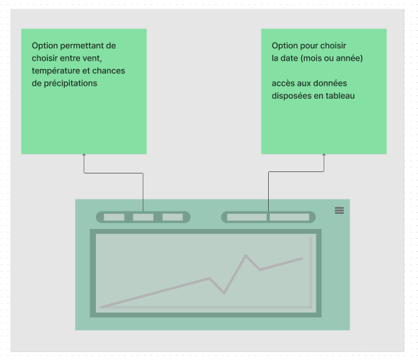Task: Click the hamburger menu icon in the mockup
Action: click(x=339, y=210)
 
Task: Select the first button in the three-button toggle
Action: click(x=114, y=217)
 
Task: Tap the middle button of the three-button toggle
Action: click(x=143, y=217)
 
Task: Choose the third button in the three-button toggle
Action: click(x=173, y=217)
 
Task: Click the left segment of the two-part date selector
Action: click(x=246, y=217)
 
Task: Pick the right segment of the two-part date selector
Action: click(x=290, y=217)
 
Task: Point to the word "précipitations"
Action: click(x=71, y=84)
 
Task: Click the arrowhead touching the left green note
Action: click(x=84, y=154)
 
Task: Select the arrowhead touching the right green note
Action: click(x=324, y=154)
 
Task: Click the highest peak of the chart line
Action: click(x=246, y=255)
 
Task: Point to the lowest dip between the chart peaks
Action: click(x=224, y=293)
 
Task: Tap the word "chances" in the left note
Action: click(x=109, y=71)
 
